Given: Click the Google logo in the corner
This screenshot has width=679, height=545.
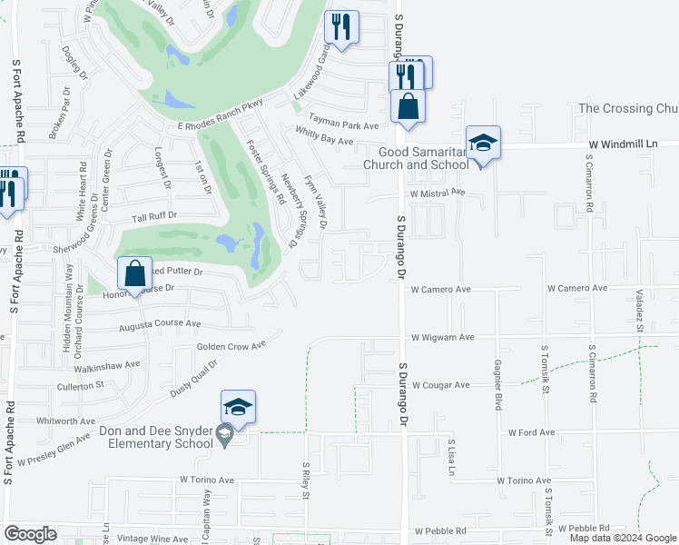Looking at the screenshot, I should pos(31,534).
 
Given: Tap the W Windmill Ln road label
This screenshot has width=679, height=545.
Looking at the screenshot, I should pos(622,144).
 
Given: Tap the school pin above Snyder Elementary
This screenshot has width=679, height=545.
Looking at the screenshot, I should pos(238,408).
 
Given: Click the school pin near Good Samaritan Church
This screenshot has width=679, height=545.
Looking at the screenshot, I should pos(483,144).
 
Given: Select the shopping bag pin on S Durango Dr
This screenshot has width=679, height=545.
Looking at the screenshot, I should pos(409,105).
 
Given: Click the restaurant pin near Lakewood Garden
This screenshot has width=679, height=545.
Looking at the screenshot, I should pos(341,27).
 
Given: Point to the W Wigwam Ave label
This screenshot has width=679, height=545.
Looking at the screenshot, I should pos(442,337).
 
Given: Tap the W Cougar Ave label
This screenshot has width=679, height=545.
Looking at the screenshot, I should pos(440,385).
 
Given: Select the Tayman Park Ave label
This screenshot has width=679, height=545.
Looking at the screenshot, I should pos(343,125).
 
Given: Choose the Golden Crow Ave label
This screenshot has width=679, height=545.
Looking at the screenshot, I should pos(231,346).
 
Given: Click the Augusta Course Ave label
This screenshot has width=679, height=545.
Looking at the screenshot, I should pos(160,323).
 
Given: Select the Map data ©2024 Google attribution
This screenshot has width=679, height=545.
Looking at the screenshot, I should pos(623,538).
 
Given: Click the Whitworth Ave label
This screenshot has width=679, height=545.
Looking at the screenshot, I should pos(65,421).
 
